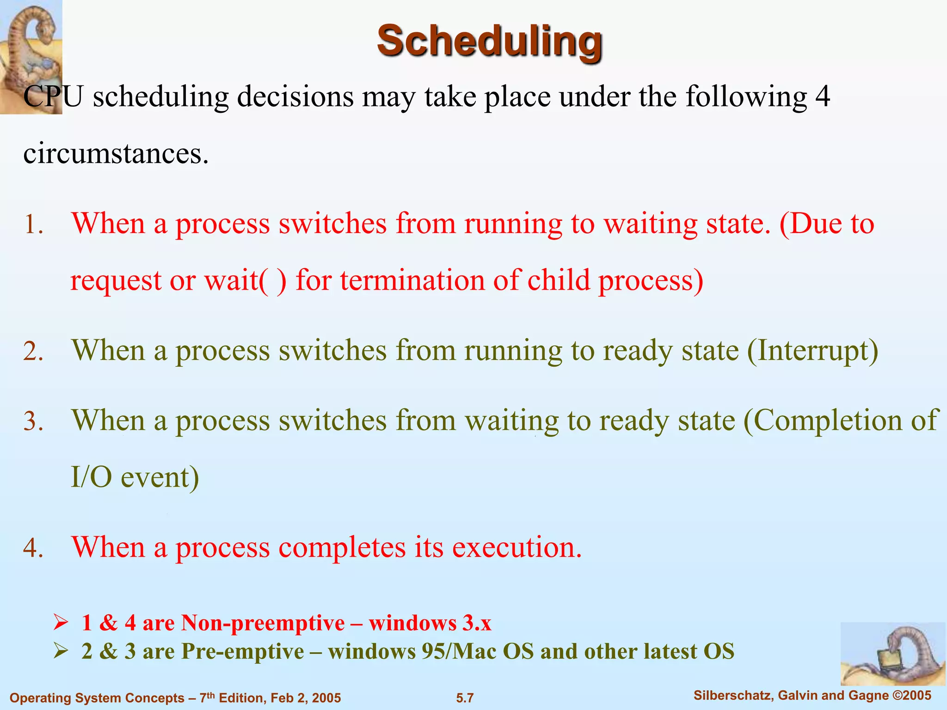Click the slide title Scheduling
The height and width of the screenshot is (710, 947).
pos(489,42)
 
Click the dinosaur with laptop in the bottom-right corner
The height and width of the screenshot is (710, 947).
pos(892,654)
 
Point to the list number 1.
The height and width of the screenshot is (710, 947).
pos(33,225)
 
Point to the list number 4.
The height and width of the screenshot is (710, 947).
pos(33,548)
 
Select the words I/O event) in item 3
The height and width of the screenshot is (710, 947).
pos(135,477)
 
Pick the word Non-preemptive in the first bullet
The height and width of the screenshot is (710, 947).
pos(263,623)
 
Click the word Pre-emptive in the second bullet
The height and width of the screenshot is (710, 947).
pos(242,651)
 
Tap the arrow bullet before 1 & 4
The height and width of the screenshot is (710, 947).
pos(61,622)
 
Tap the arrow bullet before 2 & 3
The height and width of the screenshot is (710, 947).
pos(61,651)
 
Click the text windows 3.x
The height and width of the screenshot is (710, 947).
pos(430,623)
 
